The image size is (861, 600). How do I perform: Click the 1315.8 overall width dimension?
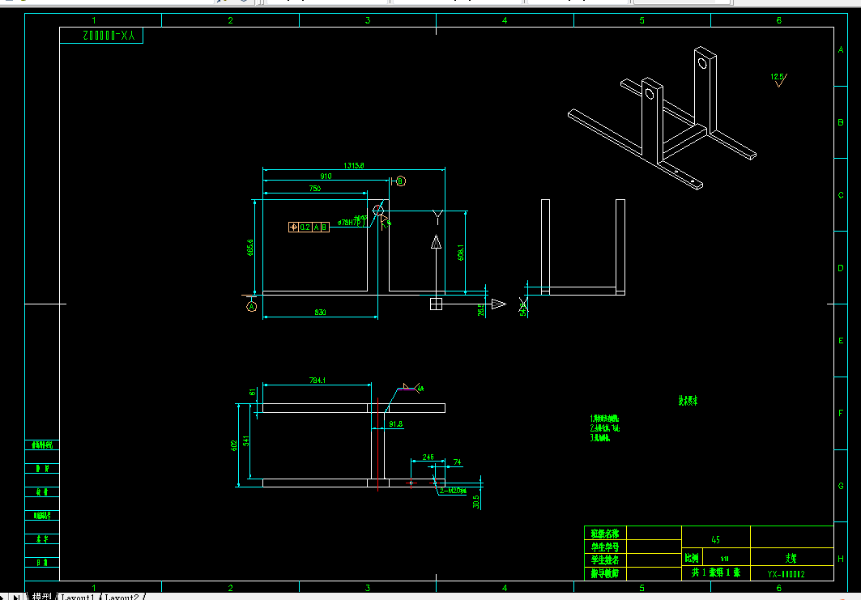[x=354, y=165]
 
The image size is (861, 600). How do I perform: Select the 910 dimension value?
[x=326, y=176]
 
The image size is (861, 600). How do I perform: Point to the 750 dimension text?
[x=314, y=188]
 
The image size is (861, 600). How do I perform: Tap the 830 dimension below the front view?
[x=320, y=312]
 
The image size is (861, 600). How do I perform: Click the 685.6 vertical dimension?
[x=251, y=246]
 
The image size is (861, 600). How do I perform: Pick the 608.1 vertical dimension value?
[x=461, y=252]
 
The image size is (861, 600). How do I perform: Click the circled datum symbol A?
[x=251, y=307]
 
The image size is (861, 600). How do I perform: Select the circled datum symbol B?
[x=401, y=181]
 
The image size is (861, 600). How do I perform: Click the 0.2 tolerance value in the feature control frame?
[x=305, y=228]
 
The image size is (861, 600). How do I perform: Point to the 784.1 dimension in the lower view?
[x=318, y=381]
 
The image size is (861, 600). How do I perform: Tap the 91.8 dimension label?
[x=396, y=423]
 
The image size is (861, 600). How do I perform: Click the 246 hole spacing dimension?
[x=428, y=457]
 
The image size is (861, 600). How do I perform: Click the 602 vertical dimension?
[x=234, y=445]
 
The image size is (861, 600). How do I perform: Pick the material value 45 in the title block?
[x=715, y=539]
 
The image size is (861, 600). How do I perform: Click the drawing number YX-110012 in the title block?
[x=786, y=573]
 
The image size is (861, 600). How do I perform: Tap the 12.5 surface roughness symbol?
[x=778, y=79]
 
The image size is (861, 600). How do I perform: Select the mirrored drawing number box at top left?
[x=101, y=36]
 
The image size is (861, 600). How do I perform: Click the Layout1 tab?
[x=79, y=597]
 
